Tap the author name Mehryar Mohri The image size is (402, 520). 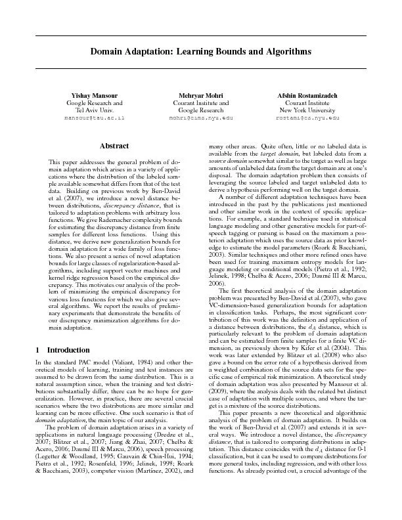(x=201, y=95)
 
